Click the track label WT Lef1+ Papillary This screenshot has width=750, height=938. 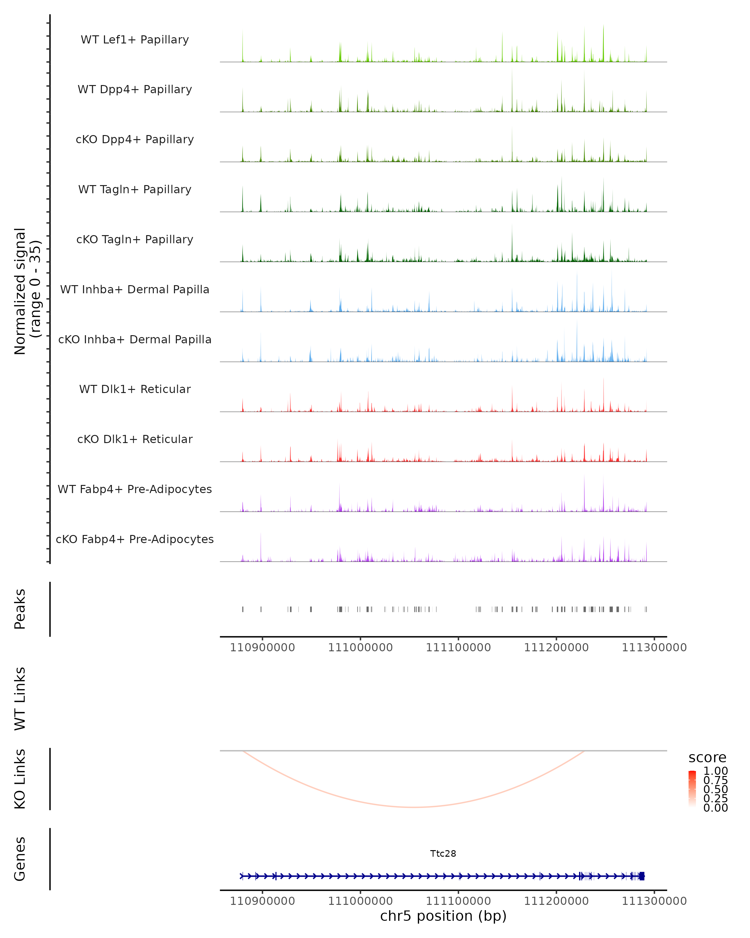click(135, 40)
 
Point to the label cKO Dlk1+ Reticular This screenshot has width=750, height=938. click(135, 439)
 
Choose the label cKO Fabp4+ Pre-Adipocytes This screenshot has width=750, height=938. click(135, 539)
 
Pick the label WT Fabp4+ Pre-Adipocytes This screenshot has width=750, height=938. click(135, 489)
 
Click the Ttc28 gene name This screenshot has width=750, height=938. click(443, 854)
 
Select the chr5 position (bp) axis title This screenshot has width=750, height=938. click(443, 916)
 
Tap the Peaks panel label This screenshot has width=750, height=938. click(20, 609)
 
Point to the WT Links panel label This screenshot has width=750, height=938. click(20, 699)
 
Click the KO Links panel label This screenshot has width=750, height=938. click(20, 779)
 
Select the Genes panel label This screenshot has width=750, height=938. click(20, 859)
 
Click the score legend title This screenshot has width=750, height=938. click(707, 758)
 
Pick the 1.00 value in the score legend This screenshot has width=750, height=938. click(716, 771)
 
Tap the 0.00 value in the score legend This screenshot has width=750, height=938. click(716, 808)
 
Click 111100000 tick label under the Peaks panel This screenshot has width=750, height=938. click(458, 648)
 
